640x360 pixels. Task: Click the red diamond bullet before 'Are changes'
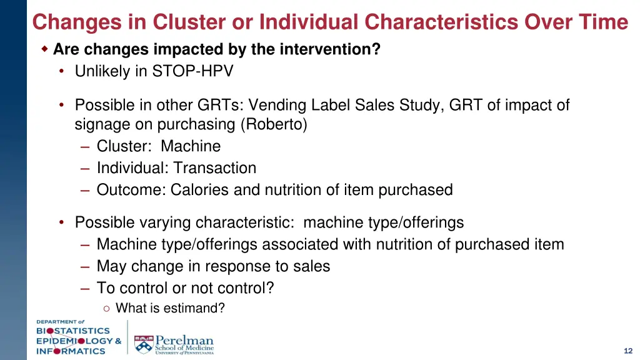[x=44, y=49]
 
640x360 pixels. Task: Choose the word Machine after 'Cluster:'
[x=191, y=146]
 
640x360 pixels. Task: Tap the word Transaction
[x=215, y=168]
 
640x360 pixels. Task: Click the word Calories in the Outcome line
[x=199, y=190]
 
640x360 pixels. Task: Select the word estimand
[x=193, y=308]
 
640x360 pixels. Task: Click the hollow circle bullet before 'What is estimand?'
[x=107, y=308]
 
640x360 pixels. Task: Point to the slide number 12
[x=627, y=351]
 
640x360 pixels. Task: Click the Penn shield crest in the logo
[x=143, y=342]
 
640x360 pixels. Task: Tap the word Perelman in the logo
[x=184, y=340]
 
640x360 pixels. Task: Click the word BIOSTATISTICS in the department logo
[x=72, y=331]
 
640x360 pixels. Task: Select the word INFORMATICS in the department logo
[x=71, y=351]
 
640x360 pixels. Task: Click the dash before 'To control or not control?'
[x=86, y=288]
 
